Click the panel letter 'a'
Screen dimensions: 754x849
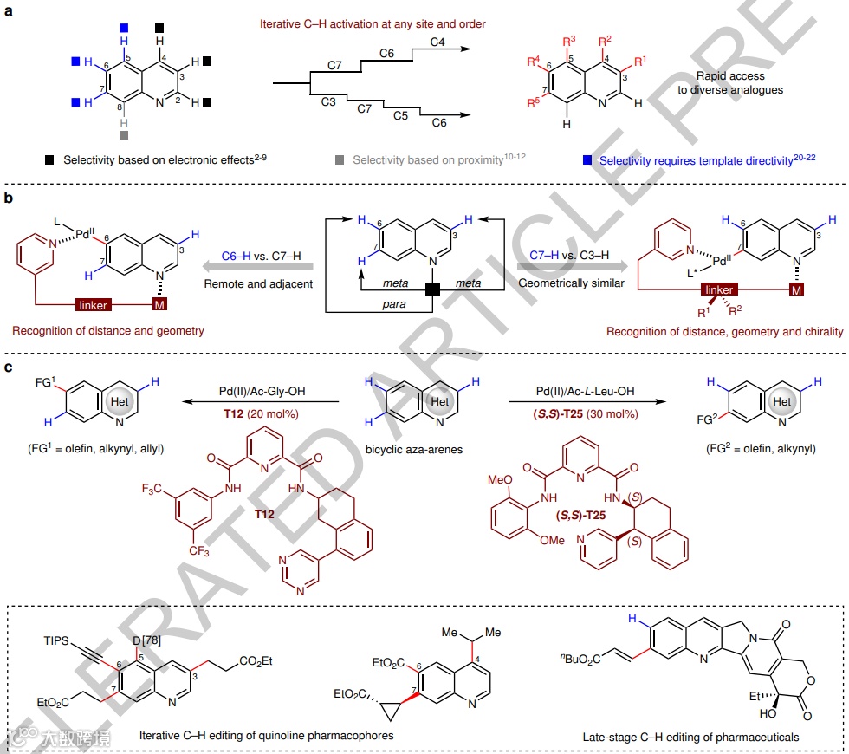tap(7, 11)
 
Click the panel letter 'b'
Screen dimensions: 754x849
tap(7, 198)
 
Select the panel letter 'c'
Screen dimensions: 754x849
tap(7, 368)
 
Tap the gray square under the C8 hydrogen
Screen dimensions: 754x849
tap(124, 136)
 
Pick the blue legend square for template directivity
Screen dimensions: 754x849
tap(589, 160)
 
